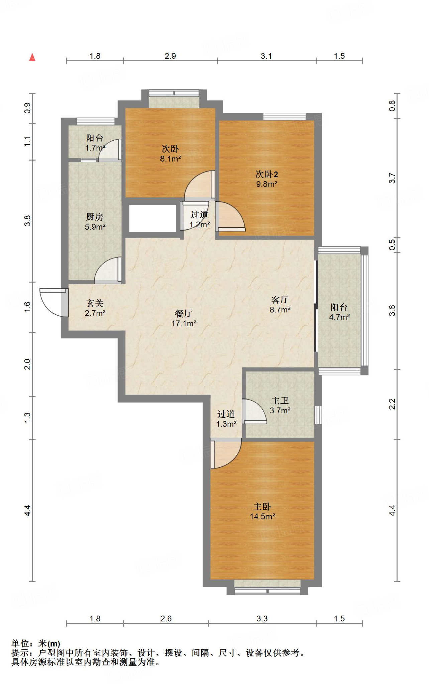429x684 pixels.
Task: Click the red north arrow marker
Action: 32,57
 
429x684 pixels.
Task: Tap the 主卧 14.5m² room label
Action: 262,512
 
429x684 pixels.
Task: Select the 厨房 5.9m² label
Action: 95,222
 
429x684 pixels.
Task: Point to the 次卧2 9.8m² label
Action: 266,179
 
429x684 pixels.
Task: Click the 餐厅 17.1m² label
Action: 184,318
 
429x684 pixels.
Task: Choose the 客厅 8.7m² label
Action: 280,304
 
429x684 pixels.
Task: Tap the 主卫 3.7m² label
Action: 280,405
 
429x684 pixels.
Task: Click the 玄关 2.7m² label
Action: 95,308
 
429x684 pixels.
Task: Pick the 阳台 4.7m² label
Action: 339,312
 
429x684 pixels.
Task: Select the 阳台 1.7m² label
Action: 95,143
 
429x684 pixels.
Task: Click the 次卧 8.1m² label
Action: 170,154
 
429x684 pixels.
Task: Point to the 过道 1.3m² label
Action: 226,419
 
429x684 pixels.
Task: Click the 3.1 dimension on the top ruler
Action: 266,56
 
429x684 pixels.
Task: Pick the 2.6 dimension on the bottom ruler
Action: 166,619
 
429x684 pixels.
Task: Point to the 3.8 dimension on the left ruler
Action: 27,221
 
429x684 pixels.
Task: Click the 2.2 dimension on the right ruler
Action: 392,404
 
